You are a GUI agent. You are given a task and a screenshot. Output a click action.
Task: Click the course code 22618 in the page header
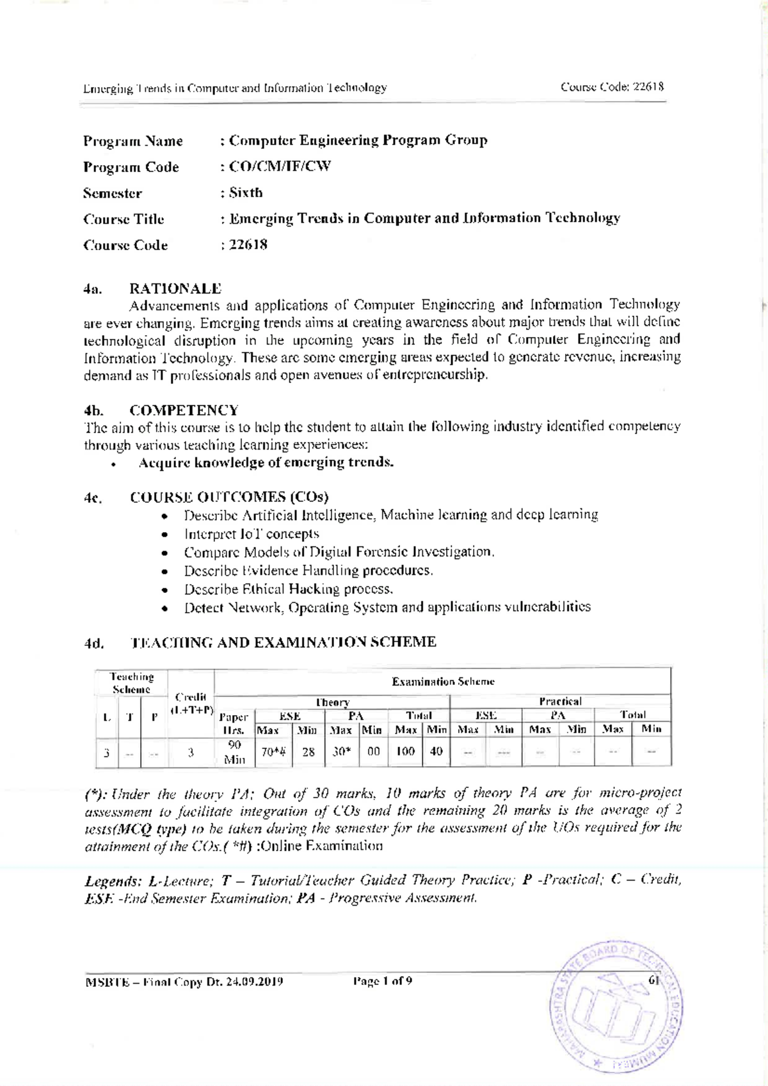[x=648, y=87]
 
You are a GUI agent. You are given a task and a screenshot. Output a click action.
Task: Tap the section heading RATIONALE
[x=175, y=288]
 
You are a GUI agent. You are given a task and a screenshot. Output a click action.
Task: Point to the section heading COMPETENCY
[x=184, y=410]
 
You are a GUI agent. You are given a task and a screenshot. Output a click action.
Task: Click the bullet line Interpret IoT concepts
[x=251, y=533]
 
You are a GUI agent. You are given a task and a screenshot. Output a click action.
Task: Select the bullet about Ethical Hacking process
[x=288, y=588]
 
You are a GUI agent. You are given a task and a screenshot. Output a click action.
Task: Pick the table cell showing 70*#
[x=273, y=752]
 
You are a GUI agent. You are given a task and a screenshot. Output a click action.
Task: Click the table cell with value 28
[x=308, y=752]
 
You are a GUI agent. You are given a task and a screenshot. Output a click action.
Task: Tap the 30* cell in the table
[x=342, y=752]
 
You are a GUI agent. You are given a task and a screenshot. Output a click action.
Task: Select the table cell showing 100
[x=405, y=752]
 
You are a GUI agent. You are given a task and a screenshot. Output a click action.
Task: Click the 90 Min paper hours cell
[x=234, y=752]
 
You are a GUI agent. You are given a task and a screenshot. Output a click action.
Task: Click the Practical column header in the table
[x=560, y=702]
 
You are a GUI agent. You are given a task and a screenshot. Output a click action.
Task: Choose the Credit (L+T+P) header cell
[x=191, y=704]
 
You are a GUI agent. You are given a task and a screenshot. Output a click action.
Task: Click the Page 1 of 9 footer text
[x=382, y=981]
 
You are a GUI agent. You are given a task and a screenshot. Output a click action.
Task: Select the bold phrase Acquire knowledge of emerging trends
[x=266, y=462]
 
